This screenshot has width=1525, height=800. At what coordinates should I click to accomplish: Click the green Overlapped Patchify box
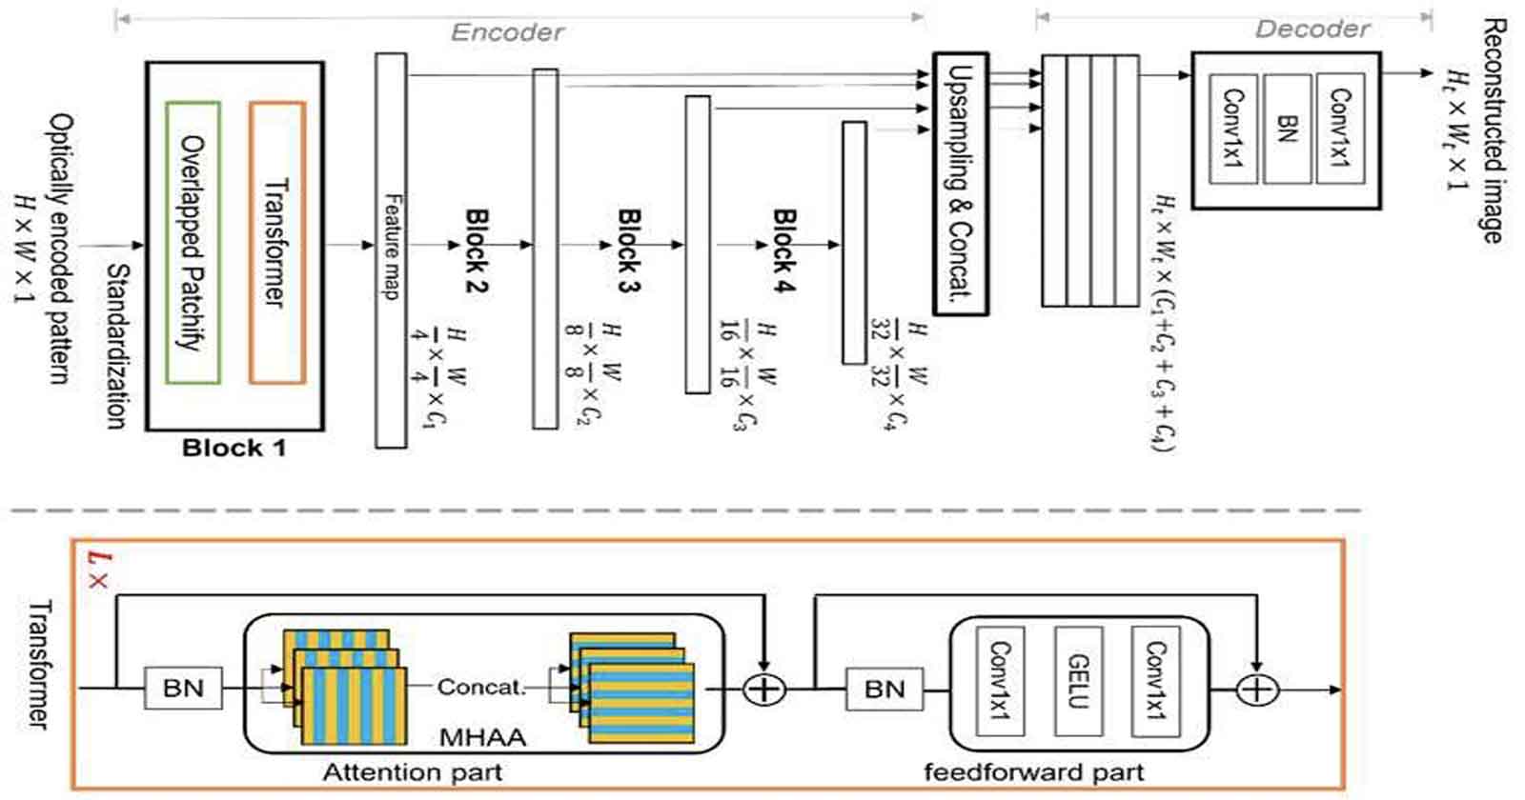(x=193, y=243)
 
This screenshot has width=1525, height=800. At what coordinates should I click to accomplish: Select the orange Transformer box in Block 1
(x=277, y=243)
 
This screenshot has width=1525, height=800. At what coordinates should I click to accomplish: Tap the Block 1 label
(x=234, y=448)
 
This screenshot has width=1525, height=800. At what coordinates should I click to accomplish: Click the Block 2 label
(x=476, y=250)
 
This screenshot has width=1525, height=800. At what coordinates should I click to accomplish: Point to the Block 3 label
(x=628, y=250)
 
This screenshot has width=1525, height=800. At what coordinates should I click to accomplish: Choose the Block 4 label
(x=783, y=250)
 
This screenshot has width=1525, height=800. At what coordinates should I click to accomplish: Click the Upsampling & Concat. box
(x=960, y=183)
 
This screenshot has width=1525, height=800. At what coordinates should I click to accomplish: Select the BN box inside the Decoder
(x=1287, y=129)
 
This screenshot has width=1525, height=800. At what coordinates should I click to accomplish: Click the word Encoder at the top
(x=506, y=32)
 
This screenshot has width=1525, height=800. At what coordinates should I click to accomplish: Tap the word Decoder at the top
(x=1311, y=29)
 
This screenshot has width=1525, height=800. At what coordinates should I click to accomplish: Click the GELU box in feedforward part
(x=1078, y=681)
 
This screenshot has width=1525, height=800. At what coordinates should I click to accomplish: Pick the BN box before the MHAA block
(x=183, y=688)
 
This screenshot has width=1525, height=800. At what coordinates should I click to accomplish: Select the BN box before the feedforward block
(x=884, y=689)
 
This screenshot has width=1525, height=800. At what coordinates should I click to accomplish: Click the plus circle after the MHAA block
(x=763, y=689)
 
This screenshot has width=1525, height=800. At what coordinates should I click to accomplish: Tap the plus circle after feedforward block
(x=1256, y=689)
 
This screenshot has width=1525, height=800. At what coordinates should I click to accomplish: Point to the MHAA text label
(x=482, y=736)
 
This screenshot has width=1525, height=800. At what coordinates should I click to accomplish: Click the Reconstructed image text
(x=1492, y=130)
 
